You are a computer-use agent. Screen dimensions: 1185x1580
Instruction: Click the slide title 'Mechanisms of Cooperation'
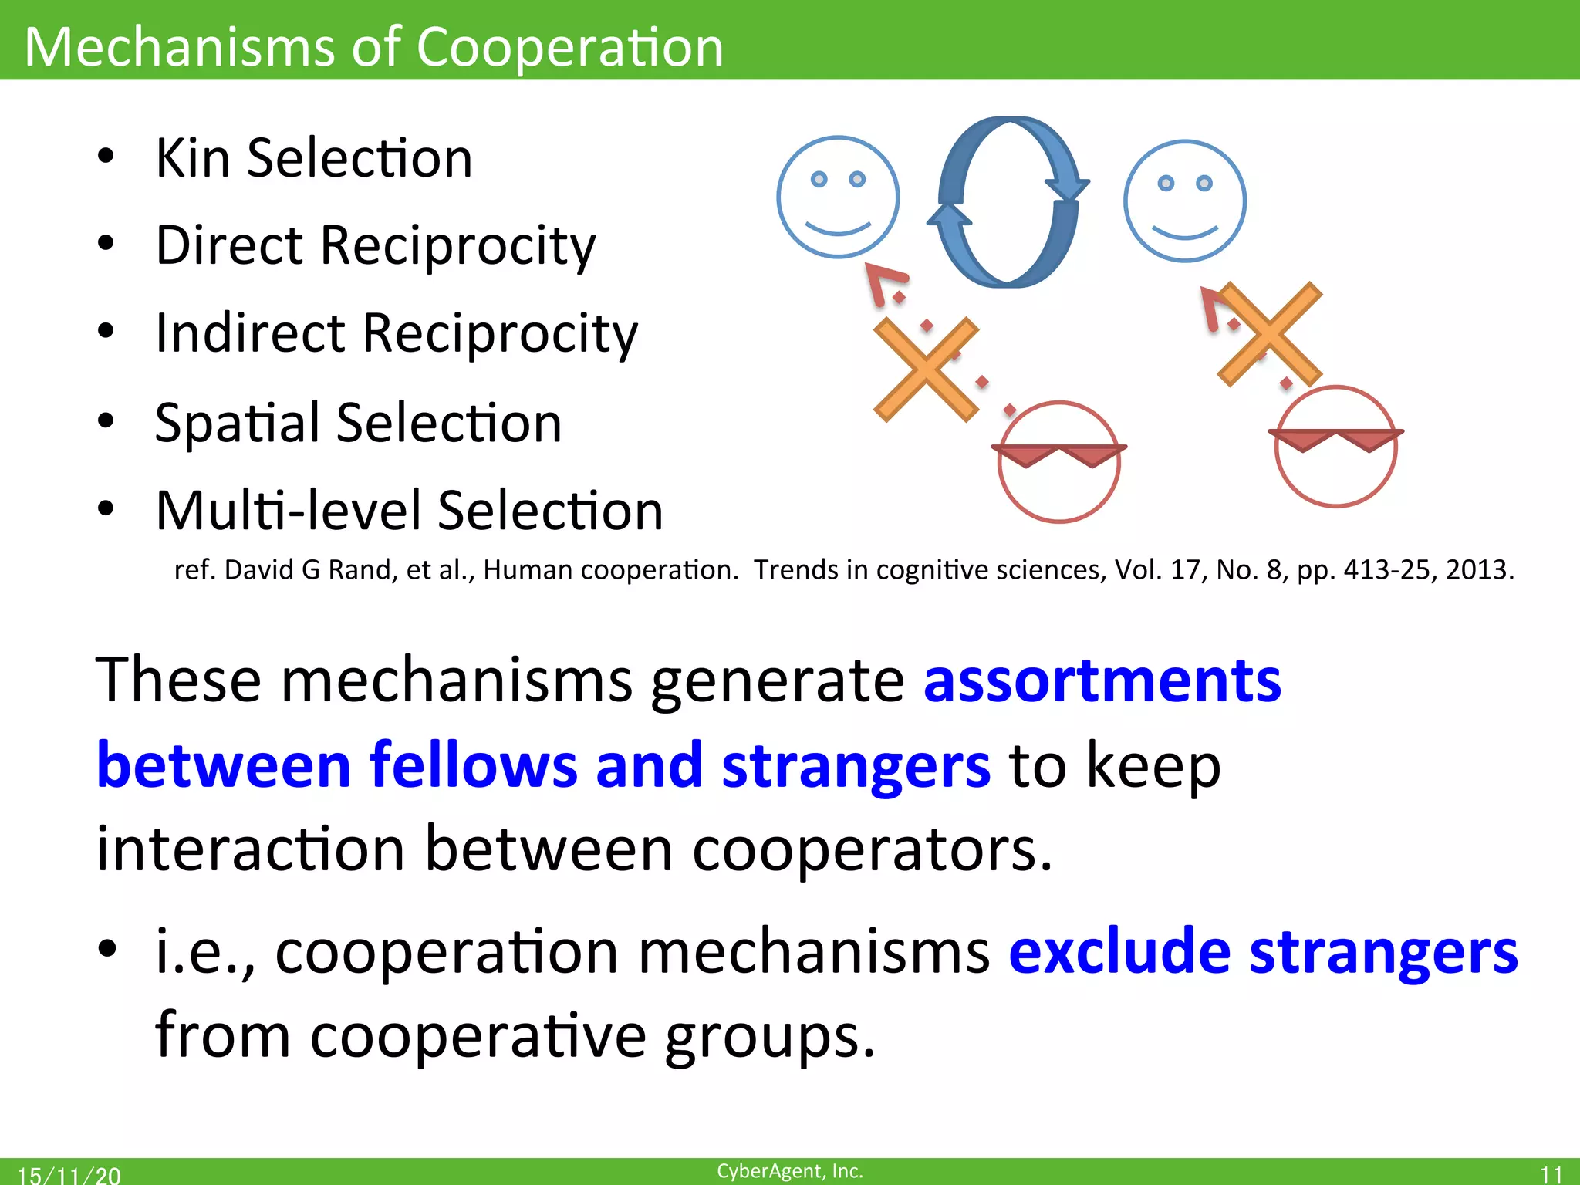(x=374, y=46)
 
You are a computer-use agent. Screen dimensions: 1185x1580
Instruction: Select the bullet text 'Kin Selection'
(x=314, y=158)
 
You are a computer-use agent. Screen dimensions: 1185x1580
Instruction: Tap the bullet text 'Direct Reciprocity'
(x=376, y=245)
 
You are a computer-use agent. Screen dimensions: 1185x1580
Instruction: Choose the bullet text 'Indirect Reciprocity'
(x=397, y=333)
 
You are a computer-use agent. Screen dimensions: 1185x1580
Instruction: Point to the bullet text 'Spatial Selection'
(x=359, y=423)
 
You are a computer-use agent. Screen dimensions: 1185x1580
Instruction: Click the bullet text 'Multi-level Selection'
(x=410, y=511)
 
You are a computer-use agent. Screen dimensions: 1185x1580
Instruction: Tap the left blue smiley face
(x=838, y=197)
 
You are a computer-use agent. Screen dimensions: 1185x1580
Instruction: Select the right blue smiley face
(x=1185, y=201)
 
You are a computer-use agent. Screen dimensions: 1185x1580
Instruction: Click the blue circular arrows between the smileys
(x=1008, y=202)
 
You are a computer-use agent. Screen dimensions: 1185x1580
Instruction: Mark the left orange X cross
(x=926, y=370)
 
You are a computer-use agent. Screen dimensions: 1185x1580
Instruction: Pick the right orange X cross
(x=1270, y=334)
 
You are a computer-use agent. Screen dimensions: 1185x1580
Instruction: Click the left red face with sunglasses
(x=1059, y=461)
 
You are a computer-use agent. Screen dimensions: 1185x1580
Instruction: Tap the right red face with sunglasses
(x=1336, y=446)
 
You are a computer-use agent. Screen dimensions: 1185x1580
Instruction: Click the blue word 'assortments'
(x=1102, y=680)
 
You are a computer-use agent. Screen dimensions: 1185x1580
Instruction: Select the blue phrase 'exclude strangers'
(x=1264, y=952)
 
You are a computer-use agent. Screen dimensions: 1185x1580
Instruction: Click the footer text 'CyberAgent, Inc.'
(x=790, y=1171)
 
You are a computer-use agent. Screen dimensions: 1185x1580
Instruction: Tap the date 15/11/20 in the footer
(x=69, y=1175)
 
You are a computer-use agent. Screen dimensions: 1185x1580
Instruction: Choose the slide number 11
(x=1551, y=1174)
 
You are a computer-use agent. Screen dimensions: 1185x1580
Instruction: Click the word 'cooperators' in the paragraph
(x=872, y=849)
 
